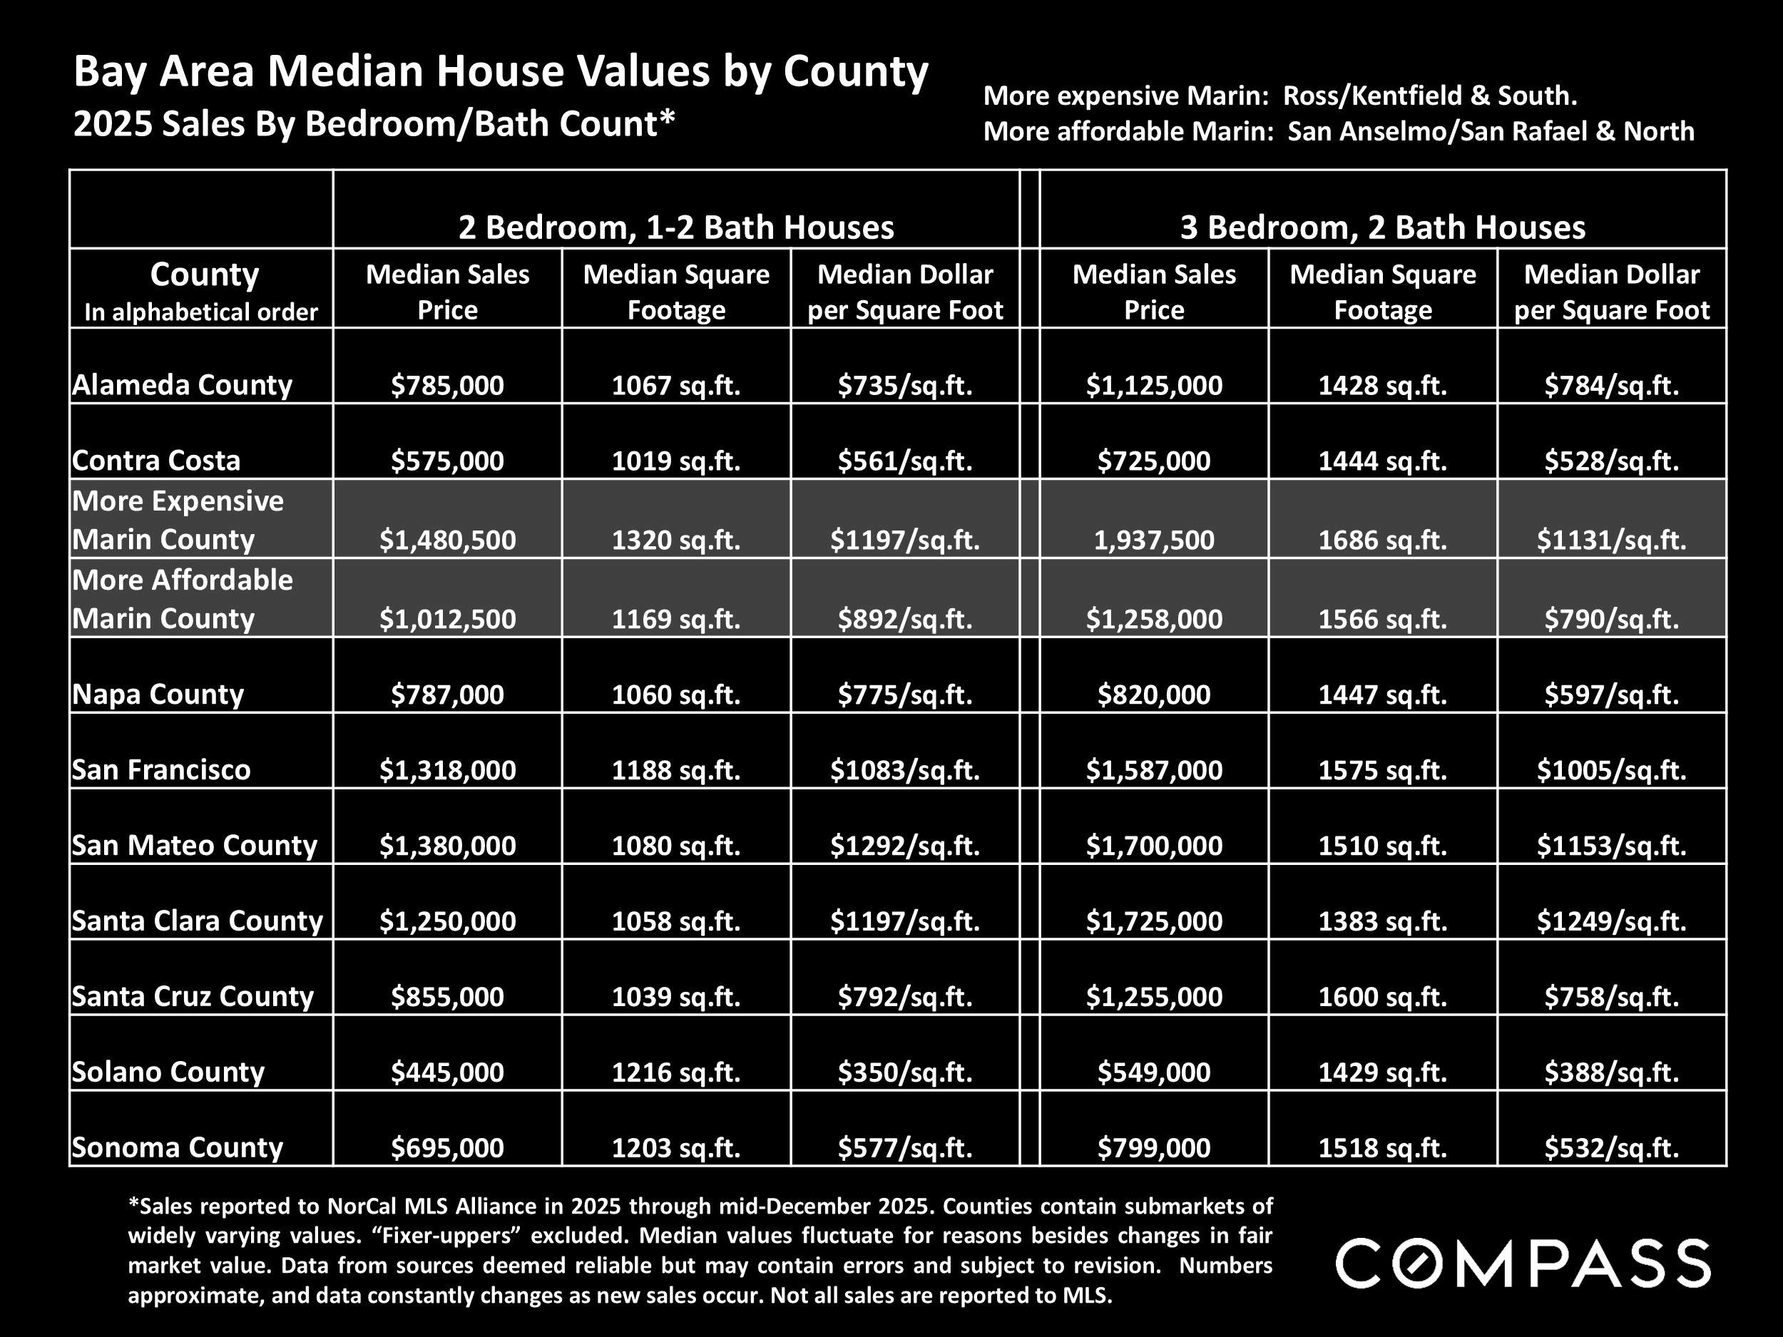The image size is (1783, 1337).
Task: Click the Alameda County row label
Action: [x=182, y=384]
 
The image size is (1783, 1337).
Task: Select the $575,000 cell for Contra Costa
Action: [x=447, y=460]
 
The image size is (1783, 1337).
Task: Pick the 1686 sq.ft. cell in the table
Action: [x=1382, y=539]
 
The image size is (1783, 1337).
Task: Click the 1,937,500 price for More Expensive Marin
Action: [x=1153, y=539]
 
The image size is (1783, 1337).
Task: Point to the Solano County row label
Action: [x=168, y=1072]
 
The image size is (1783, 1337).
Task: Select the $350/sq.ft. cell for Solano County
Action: [x=905, y=1072]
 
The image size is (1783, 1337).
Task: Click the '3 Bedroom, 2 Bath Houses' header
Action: [x=1382, y=227]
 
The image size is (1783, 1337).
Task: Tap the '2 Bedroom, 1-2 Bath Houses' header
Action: [x=676, y=227]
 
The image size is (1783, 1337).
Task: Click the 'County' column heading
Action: [x=204, y=275]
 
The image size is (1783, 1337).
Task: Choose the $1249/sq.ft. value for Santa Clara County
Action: [x=1611, y=921]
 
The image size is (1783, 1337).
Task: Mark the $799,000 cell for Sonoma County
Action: [x=1153, y=1147]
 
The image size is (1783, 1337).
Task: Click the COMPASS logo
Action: [x=1523, y=1264]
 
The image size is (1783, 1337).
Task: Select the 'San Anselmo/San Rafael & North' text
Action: [x=1491, y=130]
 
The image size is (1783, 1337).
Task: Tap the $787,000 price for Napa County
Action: [x=447, y=694]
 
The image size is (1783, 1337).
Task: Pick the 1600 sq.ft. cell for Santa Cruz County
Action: [x=1382, y=996]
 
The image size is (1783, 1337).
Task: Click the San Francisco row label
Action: [x=161, y=769]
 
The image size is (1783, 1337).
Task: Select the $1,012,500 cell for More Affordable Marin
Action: [x=447, y=618]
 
